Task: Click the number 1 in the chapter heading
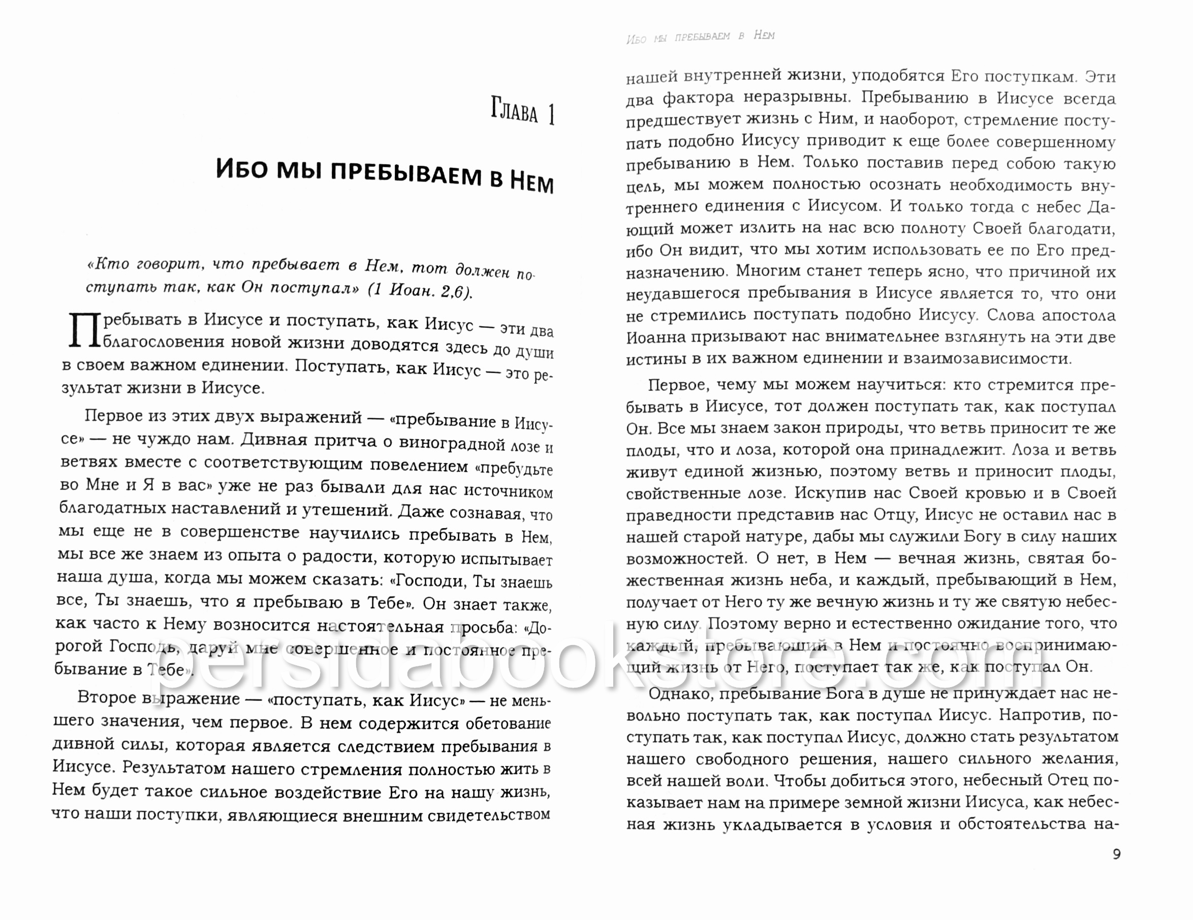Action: tap(551, 115)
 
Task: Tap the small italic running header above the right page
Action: tap(700, 37)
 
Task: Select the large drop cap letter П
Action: tap(84, 330)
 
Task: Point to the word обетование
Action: tap(508, 724)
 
